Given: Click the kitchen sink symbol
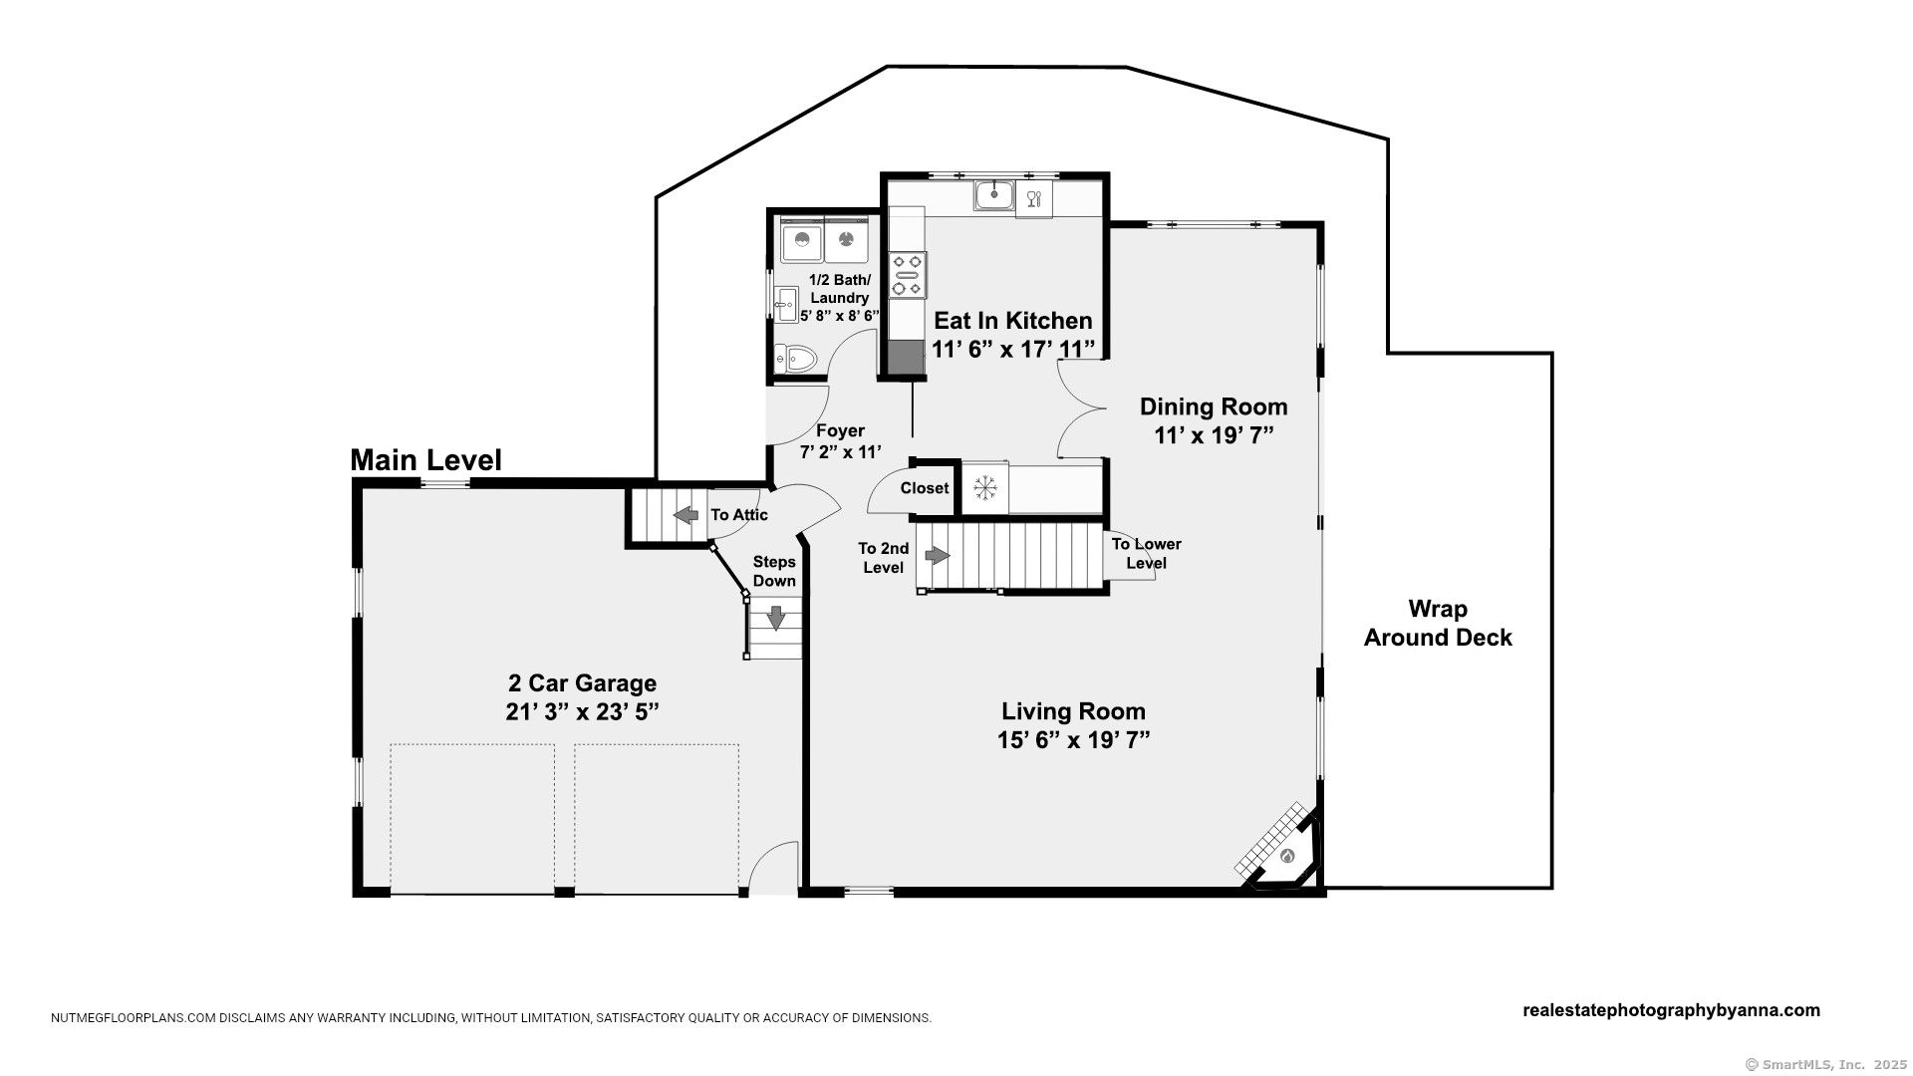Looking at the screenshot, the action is click(x=993, y=194).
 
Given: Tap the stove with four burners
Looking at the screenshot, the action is click(x=908, y=275).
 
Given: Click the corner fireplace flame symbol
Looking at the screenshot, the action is click(x=1287, y=855).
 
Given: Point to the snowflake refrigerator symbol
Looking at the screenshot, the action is click(x=985, y=487).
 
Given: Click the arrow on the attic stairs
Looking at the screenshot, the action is click(x=686, y=515).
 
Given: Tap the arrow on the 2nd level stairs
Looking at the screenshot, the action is click(x=938, y=555).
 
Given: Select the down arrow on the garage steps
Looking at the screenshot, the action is click(x=775, y=618).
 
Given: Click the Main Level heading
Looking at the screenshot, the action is click(x=426, y=460).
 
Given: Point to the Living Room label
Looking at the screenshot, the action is click(x=1073, y=711).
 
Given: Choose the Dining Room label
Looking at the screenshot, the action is click(x=1214, y=406).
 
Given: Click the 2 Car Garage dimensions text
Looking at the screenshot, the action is click(x=583, y=712).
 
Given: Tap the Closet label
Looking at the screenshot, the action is click(x=925, y=488).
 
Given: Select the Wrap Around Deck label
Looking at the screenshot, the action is click(x=1438, y=624).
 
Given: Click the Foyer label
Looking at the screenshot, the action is click(x=840, y=431).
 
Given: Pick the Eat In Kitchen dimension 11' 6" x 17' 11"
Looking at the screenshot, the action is click(x=1013, y=350).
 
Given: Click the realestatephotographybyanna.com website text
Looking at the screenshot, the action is click(x=1672, y=1010).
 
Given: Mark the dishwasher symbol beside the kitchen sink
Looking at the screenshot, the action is click(x=1033, y=198).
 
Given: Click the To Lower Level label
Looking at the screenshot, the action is click(x=1147, y=554).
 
